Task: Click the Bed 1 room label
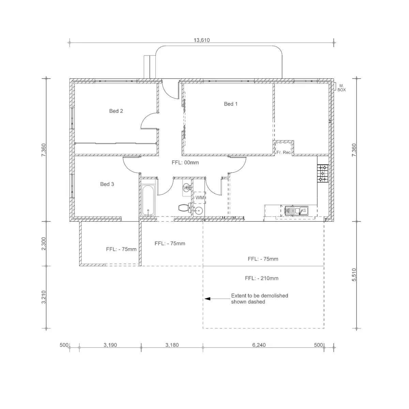click(231, 104)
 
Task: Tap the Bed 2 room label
click(116, 111)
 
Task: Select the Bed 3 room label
click(107, 184)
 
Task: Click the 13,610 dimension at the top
click(202, 40)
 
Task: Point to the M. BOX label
click(342, 88)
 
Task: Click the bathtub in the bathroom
click(148, 200)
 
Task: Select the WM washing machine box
click(199, 198)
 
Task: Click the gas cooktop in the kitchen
click(323, 173)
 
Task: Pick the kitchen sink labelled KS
click(297, 211)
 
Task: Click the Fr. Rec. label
click(284, 152)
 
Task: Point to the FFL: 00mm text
click(185, 163)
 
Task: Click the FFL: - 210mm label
click(261, 278)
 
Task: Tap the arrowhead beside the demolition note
click(207, 299)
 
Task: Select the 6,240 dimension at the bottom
click(259, 345)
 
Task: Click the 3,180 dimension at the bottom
click(172, 345)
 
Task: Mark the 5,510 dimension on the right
click(354, 275)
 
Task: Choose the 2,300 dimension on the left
click(44, 244)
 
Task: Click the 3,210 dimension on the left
click(44, 297)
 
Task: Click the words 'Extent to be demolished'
click(260, 296)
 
